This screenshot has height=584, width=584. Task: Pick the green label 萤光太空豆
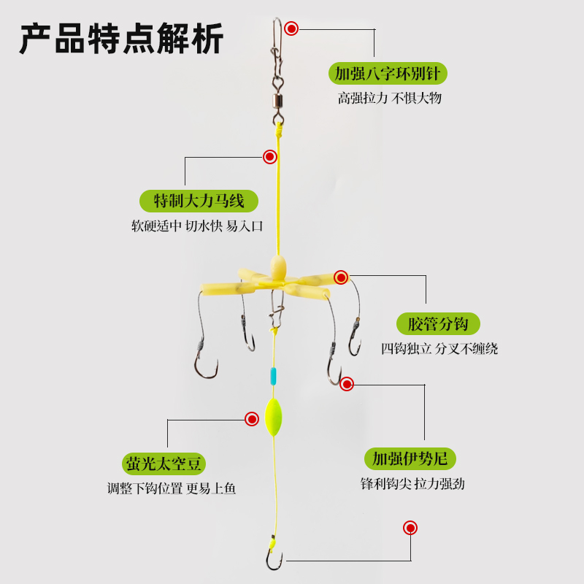[164, 463]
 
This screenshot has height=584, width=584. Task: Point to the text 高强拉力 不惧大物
[389, 98]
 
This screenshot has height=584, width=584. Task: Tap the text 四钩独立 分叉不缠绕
[439, 348]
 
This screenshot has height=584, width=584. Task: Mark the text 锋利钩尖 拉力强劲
[412, 483]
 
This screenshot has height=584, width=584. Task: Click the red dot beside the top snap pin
[291, 29]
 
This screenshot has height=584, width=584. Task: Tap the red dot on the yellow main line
[270, 156]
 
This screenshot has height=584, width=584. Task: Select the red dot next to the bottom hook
[410, 528]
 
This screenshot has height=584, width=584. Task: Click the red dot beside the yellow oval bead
[252, 418]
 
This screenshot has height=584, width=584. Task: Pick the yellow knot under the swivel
[278, 131]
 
